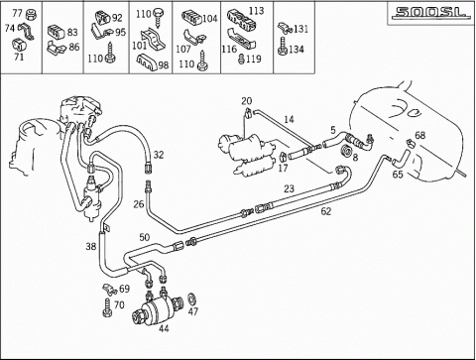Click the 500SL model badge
(x=430, y=13)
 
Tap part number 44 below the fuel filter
(x=164, y=328)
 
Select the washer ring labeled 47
(x=191, y=299)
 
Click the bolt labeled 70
(x=107, y=307)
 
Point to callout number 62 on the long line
(x=326, y=211)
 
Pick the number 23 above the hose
(x=289, y=188)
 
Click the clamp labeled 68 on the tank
(x=411, y=143)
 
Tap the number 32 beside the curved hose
(x=159, y=155)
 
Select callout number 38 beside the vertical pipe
(x=91, y=246)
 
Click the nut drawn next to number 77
(x=32, y=14)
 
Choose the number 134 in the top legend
(x=297, y=50)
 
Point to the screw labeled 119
(x=242, y=60)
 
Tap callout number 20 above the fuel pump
(x=247, y=100)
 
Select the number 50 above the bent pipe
(x=145, y=237)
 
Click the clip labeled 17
(x=283, y=156)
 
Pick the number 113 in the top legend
(x=257, y=11)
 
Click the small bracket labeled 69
(x=109, y=290)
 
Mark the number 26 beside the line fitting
(x=139, y=204)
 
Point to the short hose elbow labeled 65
(x=402, y=158)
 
